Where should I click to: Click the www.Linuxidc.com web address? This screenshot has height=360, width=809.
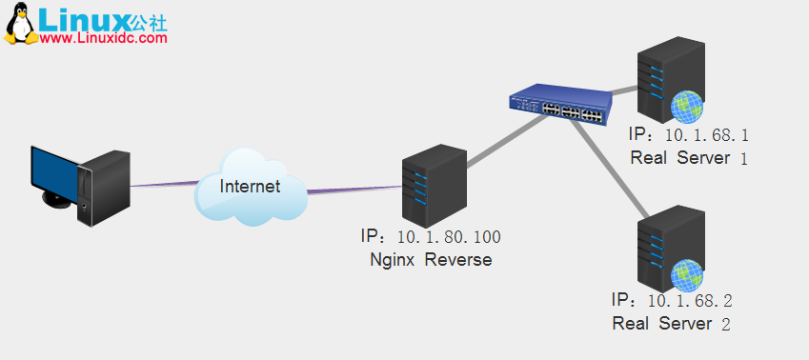104,38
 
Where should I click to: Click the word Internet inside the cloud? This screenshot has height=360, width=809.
250,186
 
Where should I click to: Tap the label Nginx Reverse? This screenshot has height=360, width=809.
431,259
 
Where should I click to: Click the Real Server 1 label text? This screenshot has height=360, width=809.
689,157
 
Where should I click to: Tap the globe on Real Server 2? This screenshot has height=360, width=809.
686,274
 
